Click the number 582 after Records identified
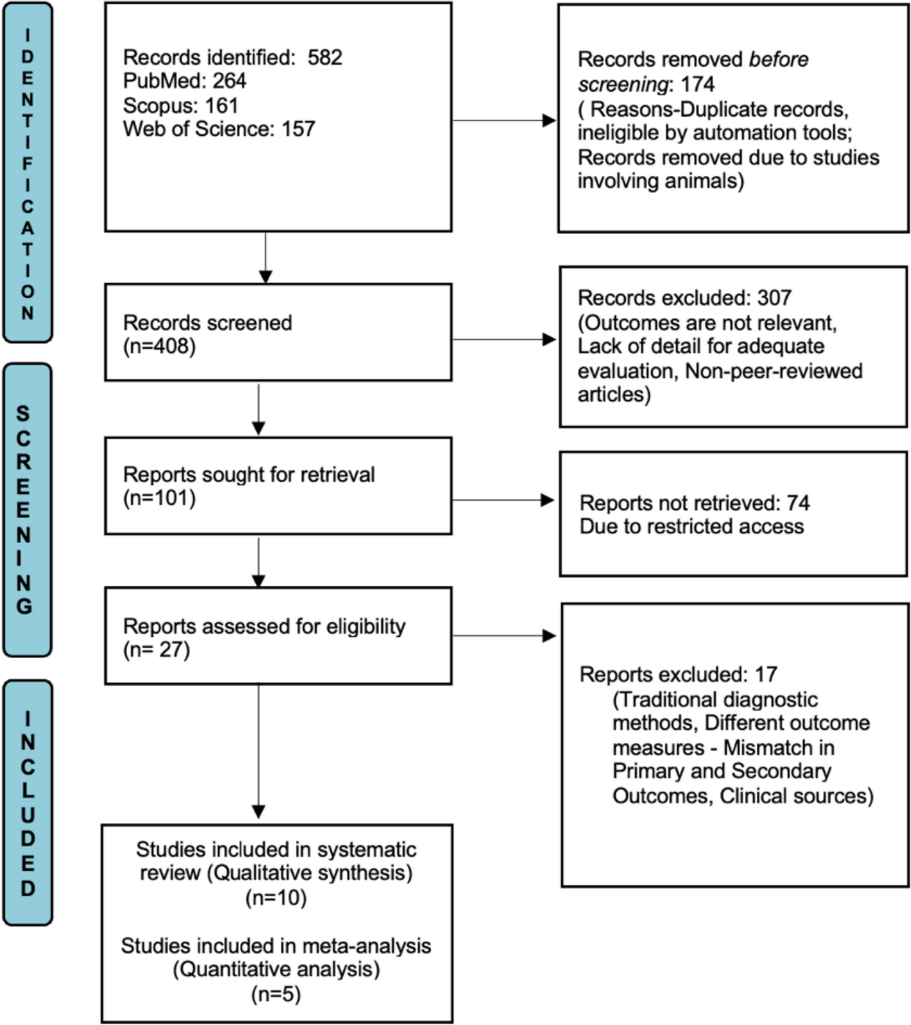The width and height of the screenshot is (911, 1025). (325, 57)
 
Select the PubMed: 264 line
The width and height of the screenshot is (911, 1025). (184, 81)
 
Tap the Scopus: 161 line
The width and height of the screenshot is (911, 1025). (180, 105)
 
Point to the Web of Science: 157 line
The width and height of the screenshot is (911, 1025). (219, 129)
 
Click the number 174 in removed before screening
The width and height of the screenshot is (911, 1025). (697, 84)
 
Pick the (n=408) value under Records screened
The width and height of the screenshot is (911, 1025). (159, 346)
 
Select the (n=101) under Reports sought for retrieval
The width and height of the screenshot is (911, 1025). (159, 498)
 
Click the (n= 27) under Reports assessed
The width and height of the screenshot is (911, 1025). (156, 650)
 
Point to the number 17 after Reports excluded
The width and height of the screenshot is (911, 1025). (766, 674)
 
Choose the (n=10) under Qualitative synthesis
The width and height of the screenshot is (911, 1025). (276, 897)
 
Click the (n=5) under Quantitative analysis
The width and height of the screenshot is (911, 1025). (276, 994)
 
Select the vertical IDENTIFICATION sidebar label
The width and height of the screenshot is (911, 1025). (27, 173)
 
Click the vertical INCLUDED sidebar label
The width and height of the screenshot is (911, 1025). (27, 802)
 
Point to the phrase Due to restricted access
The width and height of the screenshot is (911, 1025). (691, 526)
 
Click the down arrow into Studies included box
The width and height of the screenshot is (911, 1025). (258, 753)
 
